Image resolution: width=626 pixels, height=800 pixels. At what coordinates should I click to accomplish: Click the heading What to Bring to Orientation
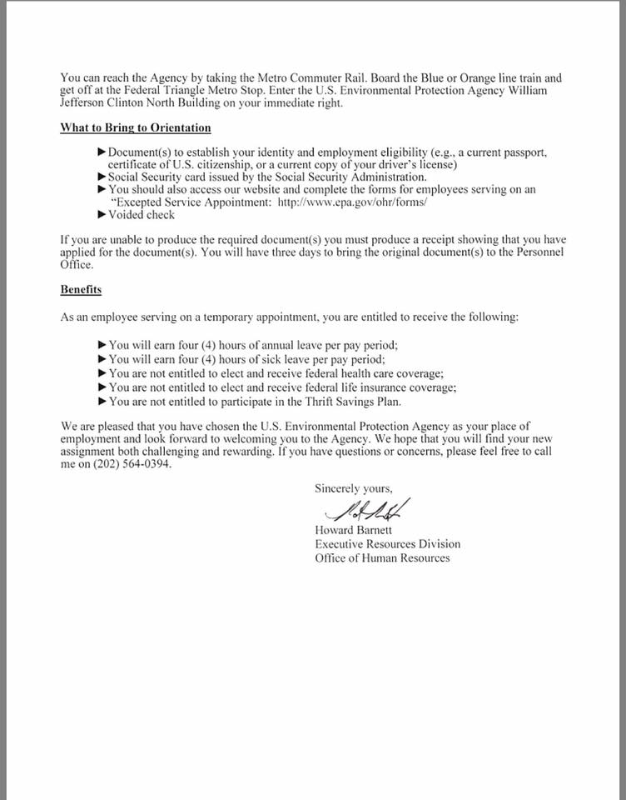coord(135,127)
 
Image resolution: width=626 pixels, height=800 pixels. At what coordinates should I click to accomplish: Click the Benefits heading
coord(81,289)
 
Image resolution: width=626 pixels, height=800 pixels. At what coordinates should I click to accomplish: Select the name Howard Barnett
coord(353,530)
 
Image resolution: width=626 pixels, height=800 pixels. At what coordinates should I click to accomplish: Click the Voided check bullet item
coord(142,215)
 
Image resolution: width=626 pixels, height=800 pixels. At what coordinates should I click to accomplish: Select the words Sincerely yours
coord(353,488)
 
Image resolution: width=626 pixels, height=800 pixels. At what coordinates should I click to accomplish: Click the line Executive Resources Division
coord(387,544)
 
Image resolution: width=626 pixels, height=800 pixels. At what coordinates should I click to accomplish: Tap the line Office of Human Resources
coord(382,557)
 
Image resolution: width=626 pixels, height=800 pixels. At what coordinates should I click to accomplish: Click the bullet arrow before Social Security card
coord(102,177)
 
